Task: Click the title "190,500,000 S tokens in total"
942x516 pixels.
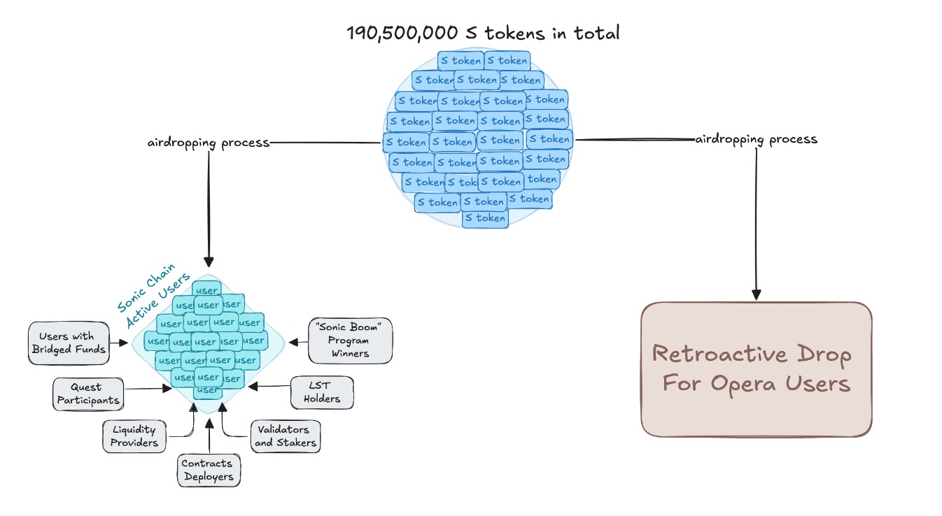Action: (483, 33)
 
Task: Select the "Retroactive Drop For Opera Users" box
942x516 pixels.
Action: (757, 369)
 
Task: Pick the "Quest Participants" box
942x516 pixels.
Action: (87, 393)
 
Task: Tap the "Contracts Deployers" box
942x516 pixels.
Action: (206, 470)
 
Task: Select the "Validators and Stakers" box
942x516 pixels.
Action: (286, 435)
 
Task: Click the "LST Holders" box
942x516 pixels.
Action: (322, 392)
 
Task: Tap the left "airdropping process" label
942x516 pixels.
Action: (208, 143)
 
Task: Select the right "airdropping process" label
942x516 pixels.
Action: (756, 139)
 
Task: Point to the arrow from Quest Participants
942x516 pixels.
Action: (150, 389)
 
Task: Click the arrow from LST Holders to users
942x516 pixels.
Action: (269, 385)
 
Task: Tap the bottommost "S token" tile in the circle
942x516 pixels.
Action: (485, 218)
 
